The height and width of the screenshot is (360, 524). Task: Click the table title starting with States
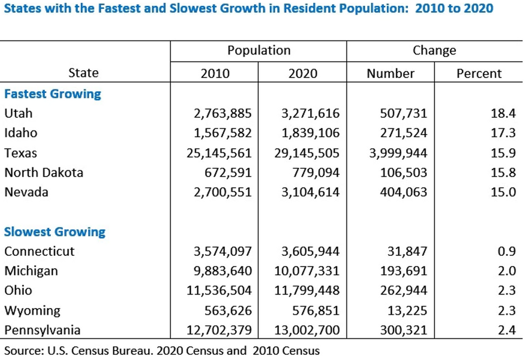point(249,9)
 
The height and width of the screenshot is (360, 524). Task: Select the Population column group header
point(258,50)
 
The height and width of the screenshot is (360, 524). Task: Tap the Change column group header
point(434,50)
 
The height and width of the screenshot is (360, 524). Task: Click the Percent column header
point(479,73)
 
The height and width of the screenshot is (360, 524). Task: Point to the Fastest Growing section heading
point(52,94)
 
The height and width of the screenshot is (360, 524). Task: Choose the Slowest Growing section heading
point(54,232)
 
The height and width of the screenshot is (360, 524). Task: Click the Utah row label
point(18,113)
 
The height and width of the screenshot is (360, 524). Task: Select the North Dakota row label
point(43,172)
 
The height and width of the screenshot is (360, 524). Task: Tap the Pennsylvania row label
point(42,330)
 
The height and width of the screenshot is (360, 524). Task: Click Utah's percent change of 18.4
point(491,113)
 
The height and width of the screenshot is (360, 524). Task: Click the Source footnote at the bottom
point(162,350)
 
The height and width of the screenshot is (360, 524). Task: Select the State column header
point(83,73)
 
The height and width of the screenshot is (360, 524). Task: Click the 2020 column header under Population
point(303,73)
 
